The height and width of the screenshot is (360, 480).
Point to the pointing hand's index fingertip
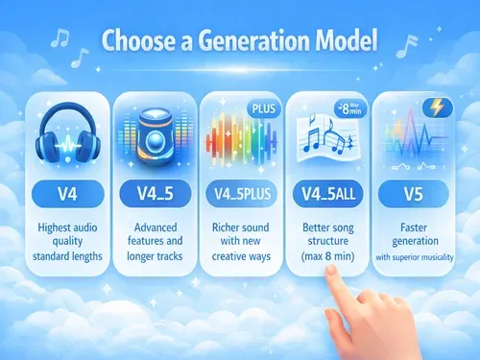click(328, 273)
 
